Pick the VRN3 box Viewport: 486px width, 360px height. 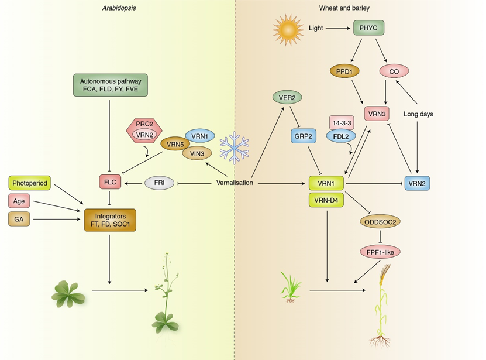click(376, 113)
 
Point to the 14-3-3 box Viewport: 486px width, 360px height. click(342, 122)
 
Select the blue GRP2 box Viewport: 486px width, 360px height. click(303, 135)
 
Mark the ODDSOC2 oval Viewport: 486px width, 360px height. click(381, 222)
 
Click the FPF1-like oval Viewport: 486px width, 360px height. click(381, 252)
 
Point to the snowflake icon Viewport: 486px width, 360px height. click(234, 146)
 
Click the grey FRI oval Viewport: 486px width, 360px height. click(158, 183)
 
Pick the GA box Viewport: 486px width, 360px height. click(19, 220)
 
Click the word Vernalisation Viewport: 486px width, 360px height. click(234, 183)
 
